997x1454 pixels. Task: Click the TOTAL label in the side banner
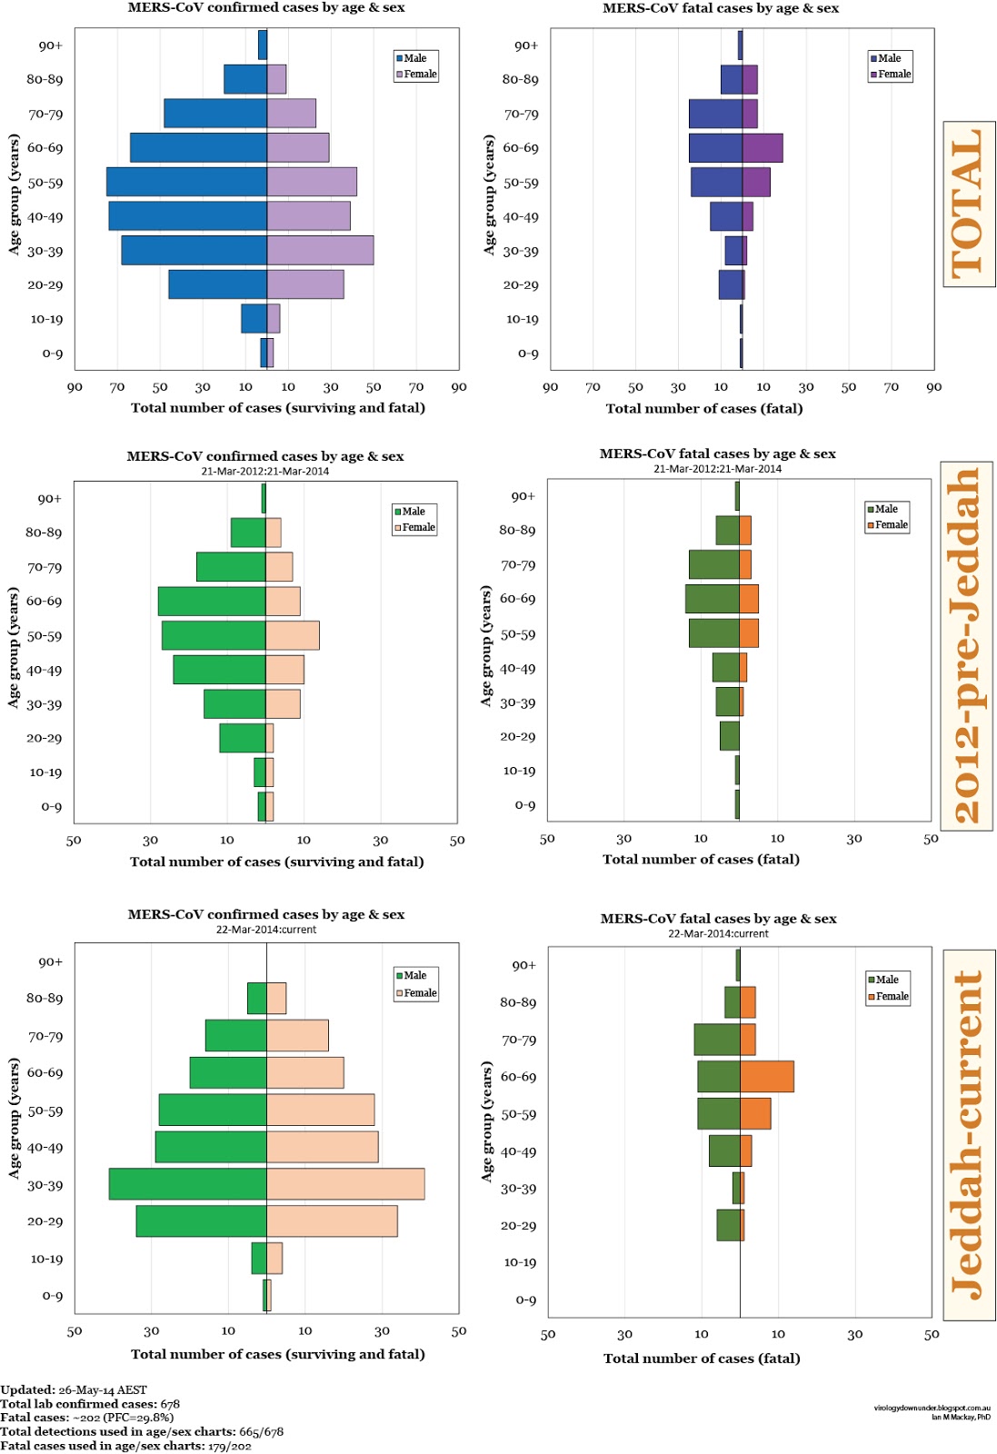coord(968,204)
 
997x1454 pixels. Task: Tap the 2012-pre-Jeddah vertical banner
coord(966,646)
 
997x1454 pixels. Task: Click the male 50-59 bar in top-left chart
coord(186,182)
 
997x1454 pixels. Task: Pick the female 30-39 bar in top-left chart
coord(320,250)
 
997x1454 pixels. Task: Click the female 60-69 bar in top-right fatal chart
coord(763,148)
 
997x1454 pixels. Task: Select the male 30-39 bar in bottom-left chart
coord(187,1184)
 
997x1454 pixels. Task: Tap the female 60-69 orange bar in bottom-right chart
coord(767,1077)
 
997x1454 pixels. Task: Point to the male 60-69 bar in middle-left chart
coord(212,602)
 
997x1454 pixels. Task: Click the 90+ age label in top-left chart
coord(51,45)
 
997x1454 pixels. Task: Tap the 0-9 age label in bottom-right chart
coord(525,1300)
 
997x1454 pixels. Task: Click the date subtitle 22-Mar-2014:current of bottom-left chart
coord(266,930)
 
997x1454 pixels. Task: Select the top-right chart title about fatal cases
coord(721,8)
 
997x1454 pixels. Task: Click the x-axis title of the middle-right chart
coord(701,860)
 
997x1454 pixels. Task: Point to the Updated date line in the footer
coord(74,1389)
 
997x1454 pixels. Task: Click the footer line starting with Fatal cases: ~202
coord(87,1418)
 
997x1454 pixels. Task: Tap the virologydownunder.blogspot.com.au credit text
coord(932,1408)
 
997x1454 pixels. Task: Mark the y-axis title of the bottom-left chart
coord(14,1119)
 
